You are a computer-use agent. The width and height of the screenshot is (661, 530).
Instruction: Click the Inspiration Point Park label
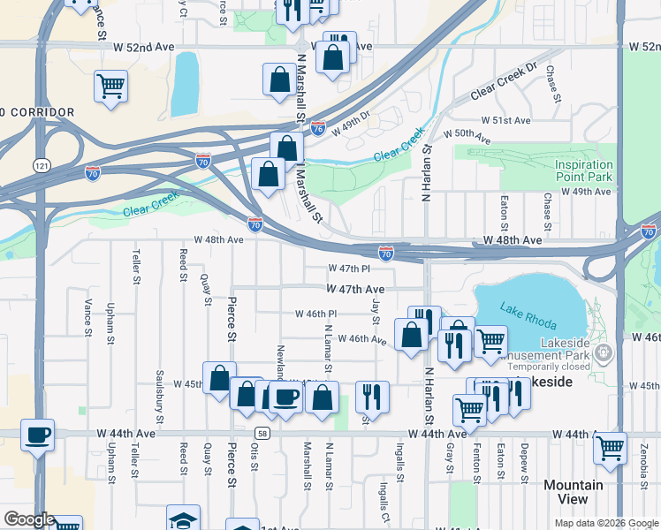point(583,170)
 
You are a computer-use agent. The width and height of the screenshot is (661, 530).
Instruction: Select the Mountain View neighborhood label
point(573,492)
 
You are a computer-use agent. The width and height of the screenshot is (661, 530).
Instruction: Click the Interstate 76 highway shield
point(318,128)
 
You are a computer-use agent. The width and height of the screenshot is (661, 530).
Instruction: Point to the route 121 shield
point(42,165)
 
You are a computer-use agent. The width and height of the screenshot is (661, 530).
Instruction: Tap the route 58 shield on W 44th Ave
point(262,434)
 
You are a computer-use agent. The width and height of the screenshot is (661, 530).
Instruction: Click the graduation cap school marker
point(183,519)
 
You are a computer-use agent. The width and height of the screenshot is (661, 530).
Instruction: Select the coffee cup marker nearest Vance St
point(38,435)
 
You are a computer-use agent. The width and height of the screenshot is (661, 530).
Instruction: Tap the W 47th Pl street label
point(348,268)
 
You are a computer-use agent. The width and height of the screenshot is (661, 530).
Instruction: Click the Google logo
point(29,519)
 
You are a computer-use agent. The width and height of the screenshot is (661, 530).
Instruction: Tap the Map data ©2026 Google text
point(605,523)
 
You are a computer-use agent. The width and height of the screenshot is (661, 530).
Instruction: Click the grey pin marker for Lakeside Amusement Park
point(604,355)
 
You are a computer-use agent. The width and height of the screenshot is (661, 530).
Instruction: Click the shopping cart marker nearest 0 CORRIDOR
point(111,87)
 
